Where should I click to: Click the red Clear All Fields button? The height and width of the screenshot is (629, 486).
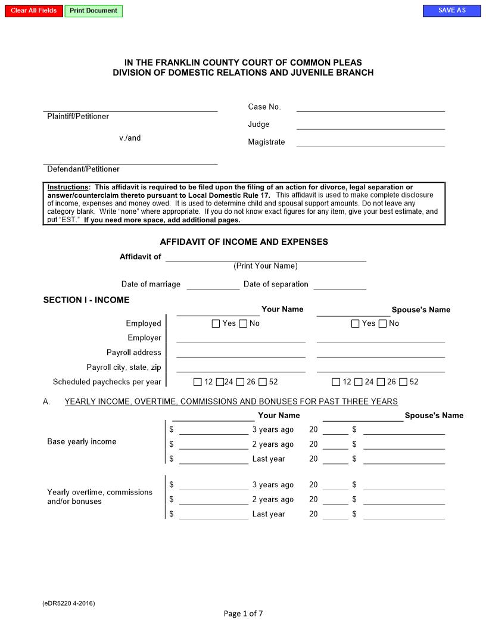tap(34, 11)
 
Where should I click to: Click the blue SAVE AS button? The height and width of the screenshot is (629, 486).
tap(451, 11)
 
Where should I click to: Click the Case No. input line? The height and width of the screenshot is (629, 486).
tap(370, 107)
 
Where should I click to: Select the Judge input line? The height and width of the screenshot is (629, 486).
tap(370, 124)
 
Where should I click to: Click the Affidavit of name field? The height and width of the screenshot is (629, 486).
tap(266, 257)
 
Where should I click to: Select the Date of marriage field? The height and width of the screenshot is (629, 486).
tap(213, 284)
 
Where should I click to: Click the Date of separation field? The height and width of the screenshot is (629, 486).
tap(339, 284)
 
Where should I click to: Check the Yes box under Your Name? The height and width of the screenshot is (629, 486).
tap(216, 323)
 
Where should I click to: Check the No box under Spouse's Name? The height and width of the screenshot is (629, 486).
tap(383, 323)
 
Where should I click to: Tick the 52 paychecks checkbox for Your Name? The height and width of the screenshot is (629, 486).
tap(263, 382)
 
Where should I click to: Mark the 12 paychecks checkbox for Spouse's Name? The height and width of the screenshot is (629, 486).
tap(337, 382)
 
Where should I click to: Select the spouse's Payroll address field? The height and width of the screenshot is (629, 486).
tap(381, 353)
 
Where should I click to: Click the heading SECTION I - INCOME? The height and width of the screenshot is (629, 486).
tap(86, 300)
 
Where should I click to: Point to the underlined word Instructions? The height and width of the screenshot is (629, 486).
tap(67, 187)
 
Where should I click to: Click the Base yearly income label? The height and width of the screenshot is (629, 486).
tap(82, 441)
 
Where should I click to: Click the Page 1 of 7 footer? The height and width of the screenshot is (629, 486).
tap(243, 614)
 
